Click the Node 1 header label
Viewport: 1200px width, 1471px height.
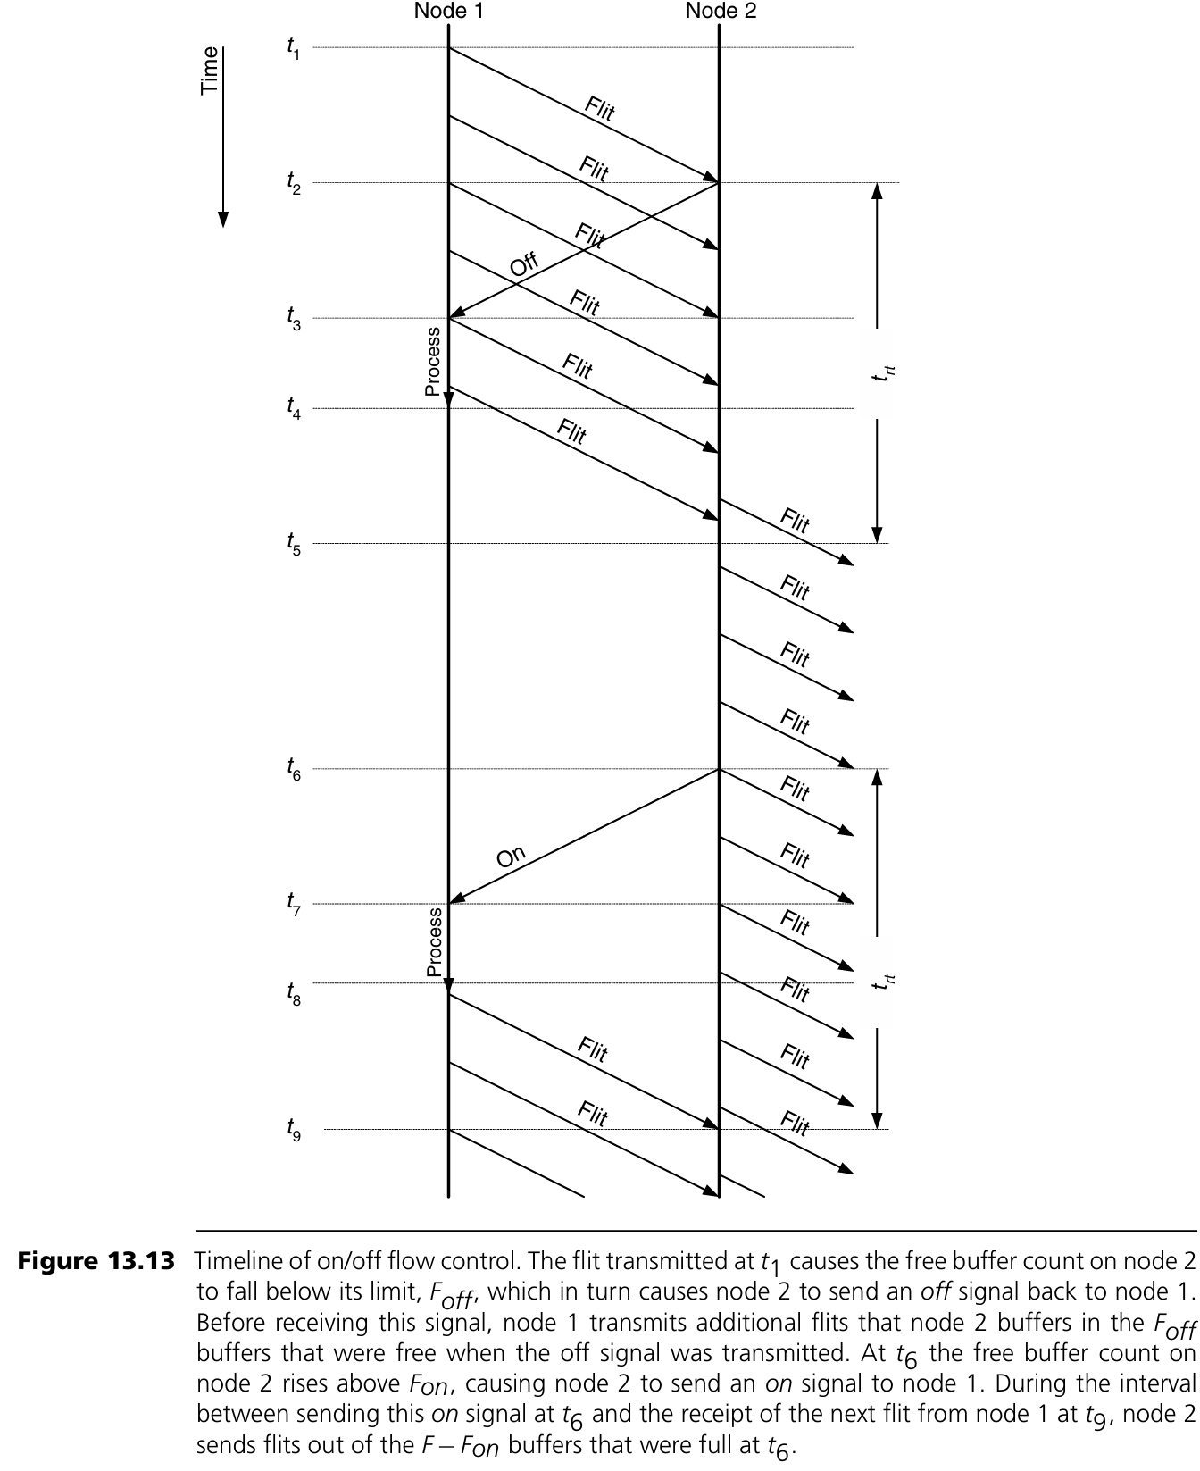(x=449, y=12)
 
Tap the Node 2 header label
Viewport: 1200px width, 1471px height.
(x=721, y=12)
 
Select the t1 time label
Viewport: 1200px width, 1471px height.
(x=293, y=48)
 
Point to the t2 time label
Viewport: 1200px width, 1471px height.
(x=293, y=183)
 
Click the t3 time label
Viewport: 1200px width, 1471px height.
(x=293, y=318)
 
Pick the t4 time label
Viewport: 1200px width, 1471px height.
(x=293, y=408)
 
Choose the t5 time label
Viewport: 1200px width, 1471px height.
(x=293, y=544)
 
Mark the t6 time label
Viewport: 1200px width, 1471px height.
(x=293, y=769)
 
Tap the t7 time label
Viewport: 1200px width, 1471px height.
(x=293, y=904)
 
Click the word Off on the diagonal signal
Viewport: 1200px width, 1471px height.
(x=524, y=264)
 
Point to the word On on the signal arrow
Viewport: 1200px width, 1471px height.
(x=511, y=857)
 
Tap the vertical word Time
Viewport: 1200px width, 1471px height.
(x=210, y=71)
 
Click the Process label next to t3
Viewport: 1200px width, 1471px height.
(x=433, y=362)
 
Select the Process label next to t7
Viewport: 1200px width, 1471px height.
(x=434, y=942)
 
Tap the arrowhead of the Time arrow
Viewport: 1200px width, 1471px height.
(x=223, y=220)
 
